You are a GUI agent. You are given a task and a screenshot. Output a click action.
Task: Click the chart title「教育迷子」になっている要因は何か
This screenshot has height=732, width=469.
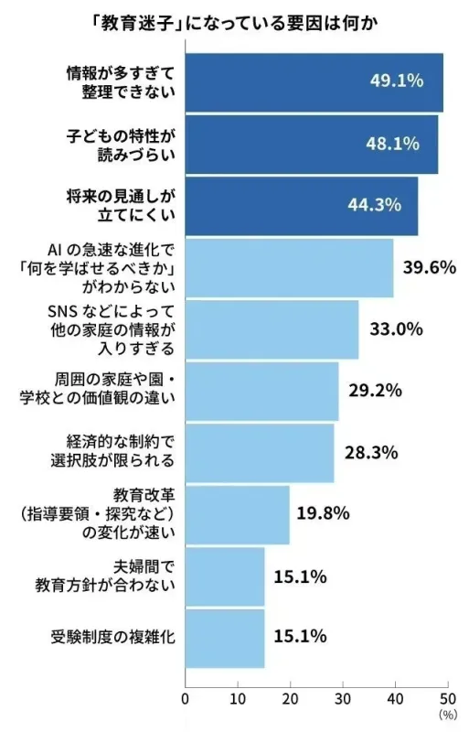click(234, 21)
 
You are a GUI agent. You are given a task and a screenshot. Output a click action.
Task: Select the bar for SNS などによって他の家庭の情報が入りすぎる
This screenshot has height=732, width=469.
click(272, 328)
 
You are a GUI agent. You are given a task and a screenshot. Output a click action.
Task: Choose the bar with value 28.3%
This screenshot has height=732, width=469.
click(260, 452)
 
